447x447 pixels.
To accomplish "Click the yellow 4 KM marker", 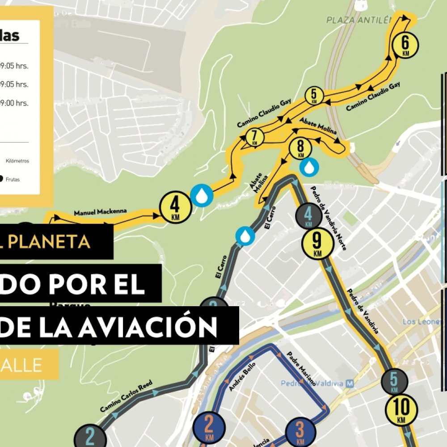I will [175, 207].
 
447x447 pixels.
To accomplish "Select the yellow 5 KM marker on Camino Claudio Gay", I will [314, 96].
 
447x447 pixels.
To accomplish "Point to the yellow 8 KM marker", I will [300, 148].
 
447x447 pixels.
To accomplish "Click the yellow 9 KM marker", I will [317, 244].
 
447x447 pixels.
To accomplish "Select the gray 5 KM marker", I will [394, 381].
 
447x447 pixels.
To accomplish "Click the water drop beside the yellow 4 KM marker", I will [202, 195].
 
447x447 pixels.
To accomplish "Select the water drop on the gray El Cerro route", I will [245, 236].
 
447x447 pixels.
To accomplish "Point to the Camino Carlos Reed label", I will [126, 396].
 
